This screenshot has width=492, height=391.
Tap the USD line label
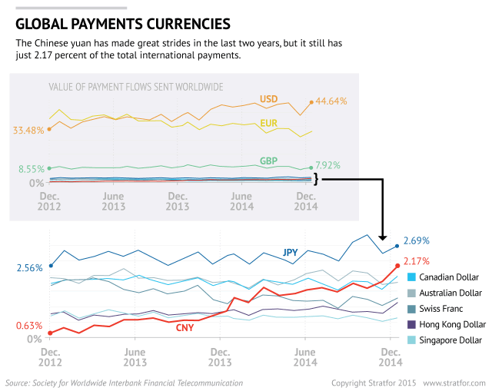click(x=268, y=99)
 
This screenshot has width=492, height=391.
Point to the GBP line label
click(x=268, y=161)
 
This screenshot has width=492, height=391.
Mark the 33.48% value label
click(x=28, y=130)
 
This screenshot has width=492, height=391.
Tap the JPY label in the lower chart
click(x=290, y=252)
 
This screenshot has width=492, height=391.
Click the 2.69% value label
click(x=416, y=240)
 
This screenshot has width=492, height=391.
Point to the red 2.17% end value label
click(x=416, y=261)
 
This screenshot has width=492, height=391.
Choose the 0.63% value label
click(x=28, y=325)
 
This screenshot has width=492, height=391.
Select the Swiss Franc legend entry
click(x=446, y=309)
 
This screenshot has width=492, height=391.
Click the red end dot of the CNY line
click(x=397, y=266)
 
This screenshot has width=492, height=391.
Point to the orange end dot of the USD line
click(x=311, y=101)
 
